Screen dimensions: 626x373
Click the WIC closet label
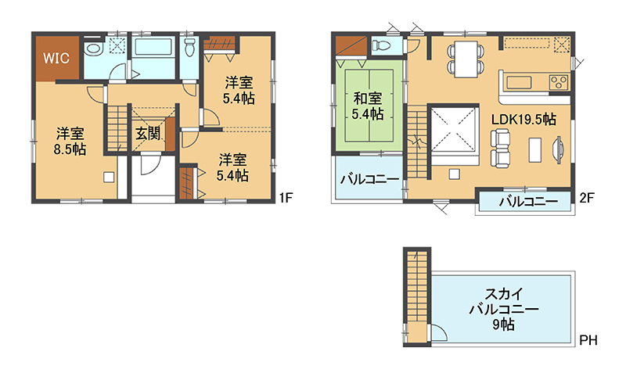coord(56,58)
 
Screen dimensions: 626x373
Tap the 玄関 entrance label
coord(148,134)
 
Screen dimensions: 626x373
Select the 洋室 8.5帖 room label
coord(70,141)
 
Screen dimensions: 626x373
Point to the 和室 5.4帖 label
coord(368,106)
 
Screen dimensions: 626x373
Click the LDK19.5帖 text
coord(523,120)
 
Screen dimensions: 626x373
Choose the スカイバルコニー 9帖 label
coord(504,309)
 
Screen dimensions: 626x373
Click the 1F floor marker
coord(286,198)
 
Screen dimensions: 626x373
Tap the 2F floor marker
coord(587,198)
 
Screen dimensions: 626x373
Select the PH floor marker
coord(588,340)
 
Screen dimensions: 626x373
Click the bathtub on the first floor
coord(153,47)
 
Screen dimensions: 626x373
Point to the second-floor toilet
coord(382,45)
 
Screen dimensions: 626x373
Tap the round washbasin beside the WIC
coord(94,49)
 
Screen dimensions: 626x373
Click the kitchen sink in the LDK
coord(519,83)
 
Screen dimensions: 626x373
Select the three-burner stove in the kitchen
coord(559,83)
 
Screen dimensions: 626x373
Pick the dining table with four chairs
coord(466,59)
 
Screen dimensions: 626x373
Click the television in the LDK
coord(558,149)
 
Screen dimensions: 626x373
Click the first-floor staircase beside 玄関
coord(117,127)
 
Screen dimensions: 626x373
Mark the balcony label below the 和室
coord(369,179)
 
